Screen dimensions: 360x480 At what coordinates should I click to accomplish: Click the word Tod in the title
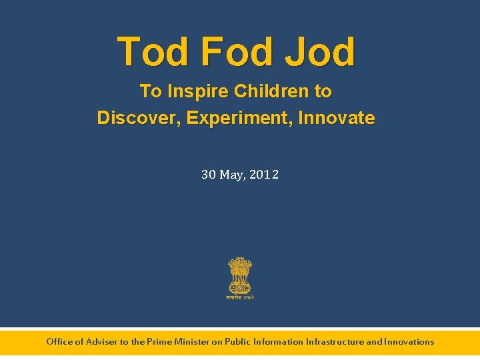pyautogui.click(x=153, y=51)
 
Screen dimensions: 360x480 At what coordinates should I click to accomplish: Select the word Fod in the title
pyautogui.click(x=236, y=51)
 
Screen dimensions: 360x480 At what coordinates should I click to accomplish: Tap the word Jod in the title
pyautogui.click(x=320, y=51)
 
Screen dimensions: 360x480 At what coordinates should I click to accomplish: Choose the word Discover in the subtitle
pyautogui.click(x=138, y=118)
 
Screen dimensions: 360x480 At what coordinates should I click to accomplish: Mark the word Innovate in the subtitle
pyautogui.click(x=337, y=118)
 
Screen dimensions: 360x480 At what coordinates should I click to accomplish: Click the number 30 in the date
pyautogui.click(x=208, y=175)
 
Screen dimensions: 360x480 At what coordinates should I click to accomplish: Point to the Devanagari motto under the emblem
pyautogui.click(x=240, y=297)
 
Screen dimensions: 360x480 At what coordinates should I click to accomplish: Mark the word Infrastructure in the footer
pyautogui.click(x=335, y=341)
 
